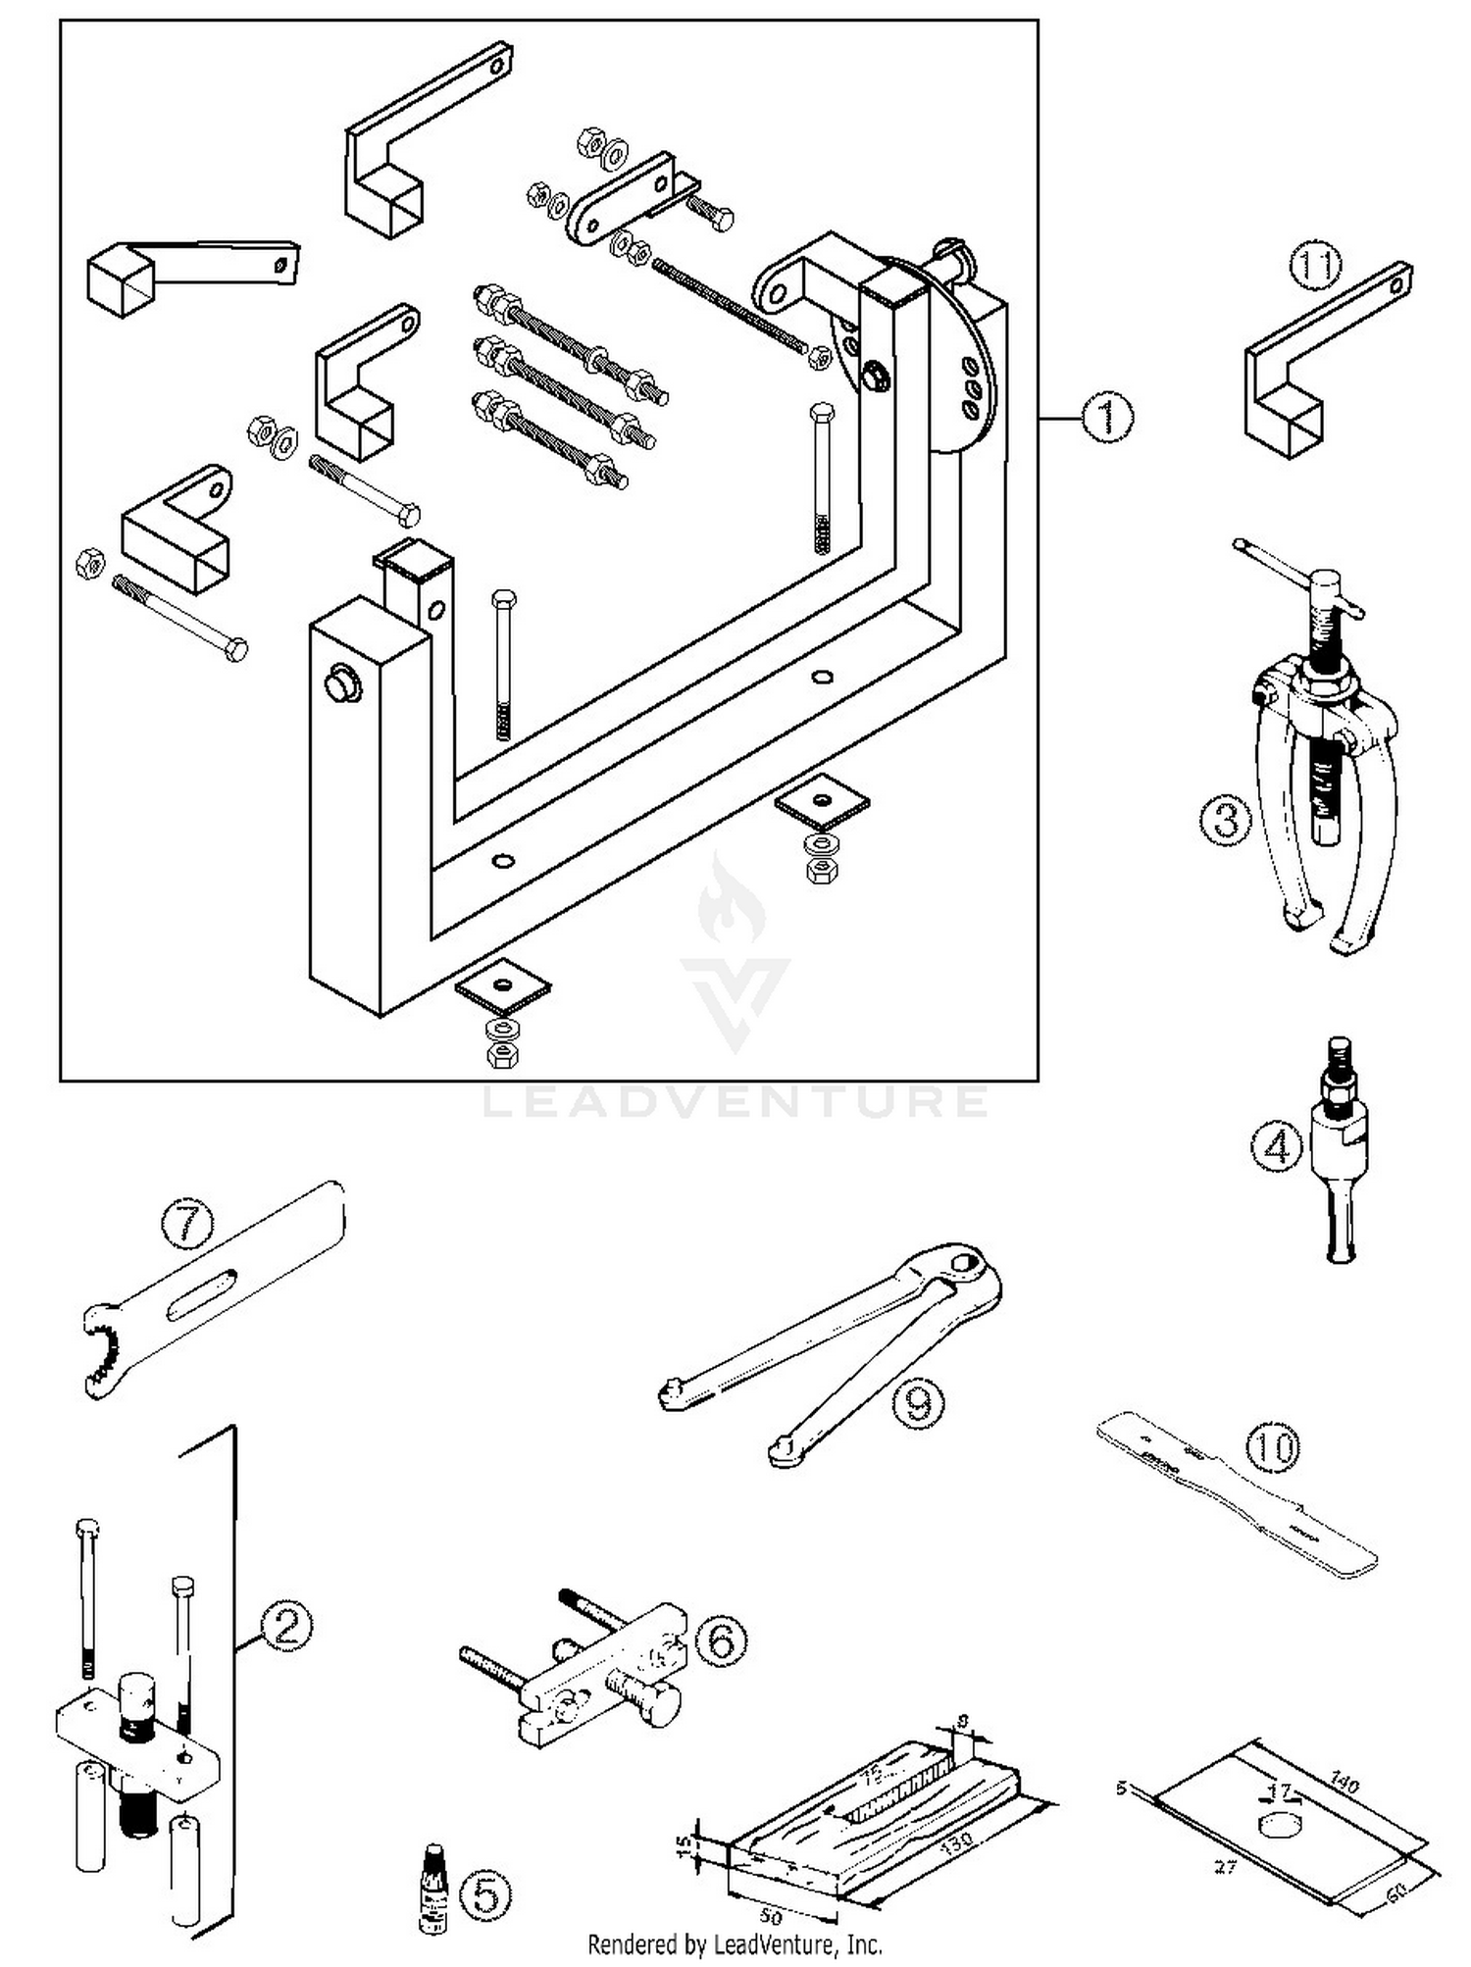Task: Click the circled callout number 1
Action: [1107, 418]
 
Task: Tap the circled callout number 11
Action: [1314, 267]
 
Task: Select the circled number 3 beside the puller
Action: [1226, 820]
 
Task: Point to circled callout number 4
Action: [1277, 1146]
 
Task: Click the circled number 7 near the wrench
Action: [187, 1225]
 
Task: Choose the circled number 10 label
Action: [1273, 1447]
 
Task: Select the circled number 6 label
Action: [721, 1640]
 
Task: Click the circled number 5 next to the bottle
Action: [486, 1895]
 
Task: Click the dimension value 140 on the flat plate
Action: [1344, 1783]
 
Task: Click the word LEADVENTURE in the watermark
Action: [735, 1102]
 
